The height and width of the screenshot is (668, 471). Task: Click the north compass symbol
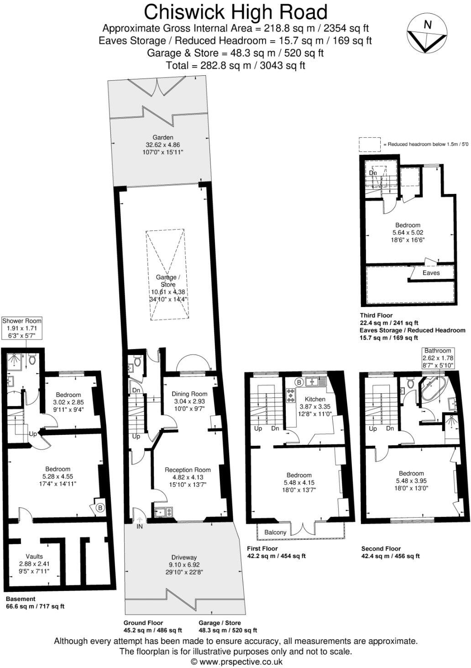click(427, 32)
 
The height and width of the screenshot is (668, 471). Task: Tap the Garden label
click(163, 137)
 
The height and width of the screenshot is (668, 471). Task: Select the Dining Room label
click(189, 394)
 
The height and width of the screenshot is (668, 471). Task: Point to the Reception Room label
click(188, 470)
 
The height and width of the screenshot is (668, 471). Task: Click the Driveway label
click(184, 557)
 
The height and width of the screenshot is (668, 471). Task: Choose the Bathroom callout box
click(438, 358)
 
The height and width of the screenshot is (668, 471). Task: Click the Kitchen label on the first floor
click(315, 399)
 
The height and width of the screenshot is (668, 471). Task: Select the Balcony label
click(275, 532)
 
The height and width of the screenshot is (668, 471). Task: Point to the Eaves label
click(431, 273)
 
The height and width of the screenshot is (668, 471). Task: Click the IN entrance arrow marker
click(139, 519)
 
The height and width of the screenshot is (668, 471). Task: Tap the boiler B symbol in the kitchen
click(299, 381)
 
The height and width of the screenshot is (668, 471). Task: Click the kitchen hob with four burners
click(290, 395)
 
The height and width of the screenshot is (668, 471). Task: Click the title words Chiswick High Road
click(235, 12)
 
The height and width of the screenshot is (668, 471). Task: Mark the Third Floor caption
click(376, 315)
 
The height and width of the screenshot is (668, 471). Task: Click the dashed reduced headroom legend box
click(369, 144)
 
